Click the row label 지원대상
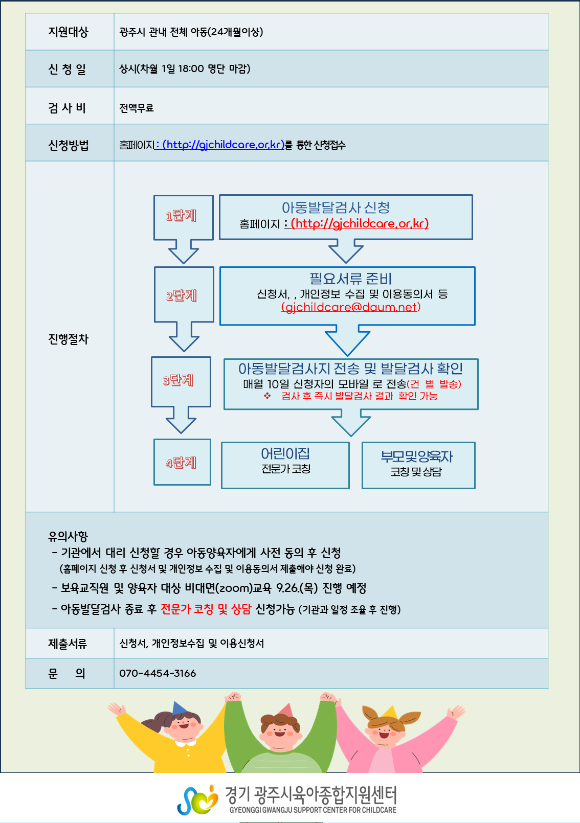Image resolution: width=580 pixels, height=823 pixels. coord(68,32)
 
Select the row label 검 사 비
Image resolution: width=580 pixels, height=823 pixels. coord(67,108)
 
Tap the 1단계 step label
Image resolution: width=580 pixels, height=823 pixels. coord(181,215)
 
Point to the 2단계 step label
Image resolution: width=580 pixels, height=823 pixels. coord(182,295)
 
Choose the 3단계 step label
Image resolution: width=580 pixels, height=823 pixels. coord(179,380)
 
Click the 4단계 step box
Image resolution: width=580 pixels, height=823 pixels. coord(182,462)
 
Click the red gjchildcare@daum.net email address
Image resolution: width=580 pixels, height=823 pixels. coord(351,307)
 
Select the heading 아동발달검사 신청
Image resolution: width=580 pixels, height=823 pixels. coord(336,208)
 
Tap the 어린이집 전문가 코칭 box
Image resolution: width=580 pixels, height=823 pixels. coord(285,465)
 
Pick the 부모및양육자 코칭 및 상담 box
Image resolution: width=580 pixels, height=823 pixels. coord(418,465)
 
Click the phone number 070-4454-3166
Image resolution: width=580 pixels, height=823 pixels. coord(158,673)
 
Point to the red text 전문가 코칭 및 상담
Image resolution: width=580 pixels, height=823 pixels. coord(206,609)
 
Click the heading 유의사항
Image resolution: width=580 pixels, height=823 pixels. coord(68,536)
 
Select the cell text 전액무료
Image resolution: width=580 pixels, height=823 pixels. coord(137,108)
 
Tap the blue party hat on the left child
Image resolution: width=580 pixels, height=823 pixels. coord(179,707)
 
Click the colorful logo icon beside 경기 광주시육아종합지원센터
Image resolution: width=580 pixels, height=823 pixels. coord(198,799)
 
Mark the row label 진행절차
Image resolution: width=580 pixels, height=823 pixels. coord(69,339)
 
